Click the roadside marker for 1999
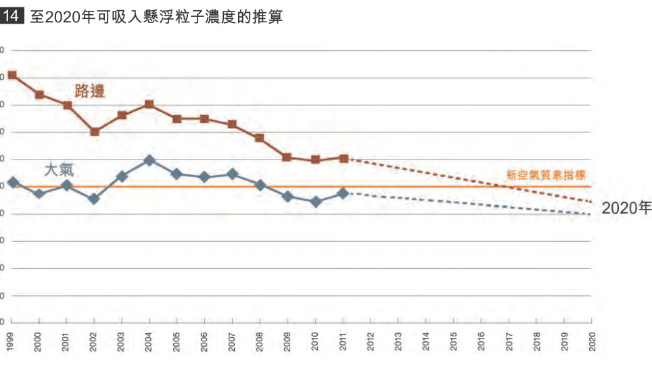(x=12, y=75)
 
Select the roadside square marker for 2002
(x=95, y=132)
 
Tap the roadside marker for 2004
(x=149, y=104)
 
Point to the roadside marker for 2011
(x=344, y=158)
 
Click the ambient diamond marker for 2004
(x=149, y=160)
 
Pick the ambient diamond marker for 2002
(x=95, y=199)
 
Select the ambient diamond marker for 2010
(x=316, y=201)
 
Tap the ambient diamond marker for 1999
(x=12, y=182)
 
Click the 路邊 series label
(x=90, y=91)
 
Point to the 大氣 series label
(x=59, y=170)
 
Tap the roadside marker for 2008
(x=260, y=138)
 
